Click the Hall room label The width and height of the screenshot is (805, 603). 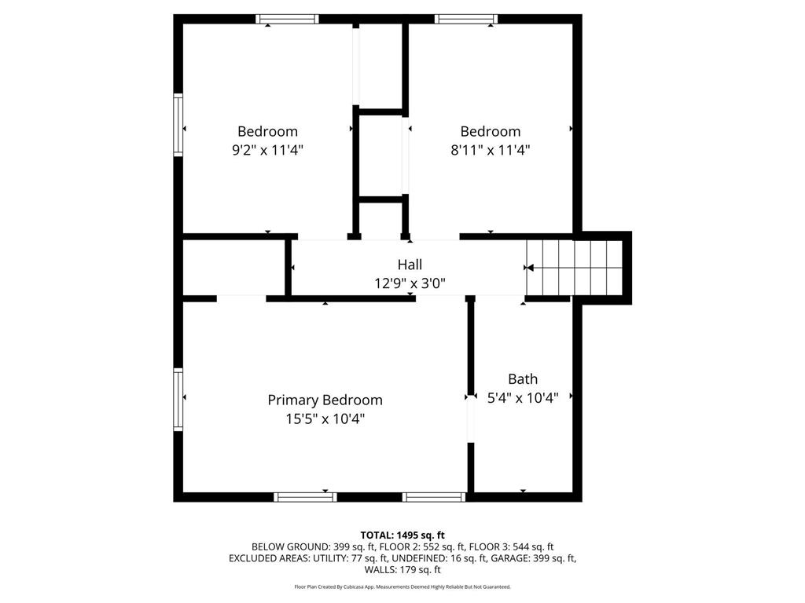[x=410, y=265]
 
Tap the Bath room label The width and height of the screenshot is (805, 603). [x=523, y=379]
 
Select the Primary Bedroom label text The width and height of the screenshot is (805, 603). [x=325, y=400]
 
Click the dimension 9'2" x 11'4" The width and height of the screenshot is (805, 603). [x=267, y=150]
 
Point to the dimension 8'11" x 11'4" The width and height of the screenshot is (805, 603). [x=490, y=150]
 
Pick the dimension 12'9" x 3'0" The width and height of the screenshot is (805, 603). [x=410, y=283]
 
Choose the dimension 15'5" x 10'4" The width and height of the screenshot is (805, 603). [x=325, y=418]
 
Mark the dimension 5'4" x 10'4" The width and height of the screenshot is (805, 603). [x=523, y=398]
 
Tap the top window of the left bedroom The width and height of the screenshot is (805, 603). [x=287, y=19]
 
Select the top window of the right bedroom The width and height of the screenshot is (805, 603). [x=466, y=19]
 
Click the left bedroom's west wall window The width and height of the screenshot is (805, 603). [x=178, y=124]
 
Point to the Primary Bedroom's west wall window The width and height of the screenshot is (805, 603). [x=178, y=399]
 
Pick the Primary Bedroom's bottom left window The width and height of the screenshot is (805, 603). [x=305, y=496]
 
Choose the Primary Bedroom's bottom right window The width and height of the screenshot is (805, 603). [x=434, y=496]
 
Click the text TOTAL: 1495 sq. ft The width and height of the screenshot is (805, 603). [x=402, y=535]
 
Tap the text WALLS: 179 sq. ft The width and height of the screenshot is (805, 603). [x=402, y=570]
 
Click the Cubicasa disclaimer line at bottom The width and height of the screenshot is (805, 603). [x=402, y=587]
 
